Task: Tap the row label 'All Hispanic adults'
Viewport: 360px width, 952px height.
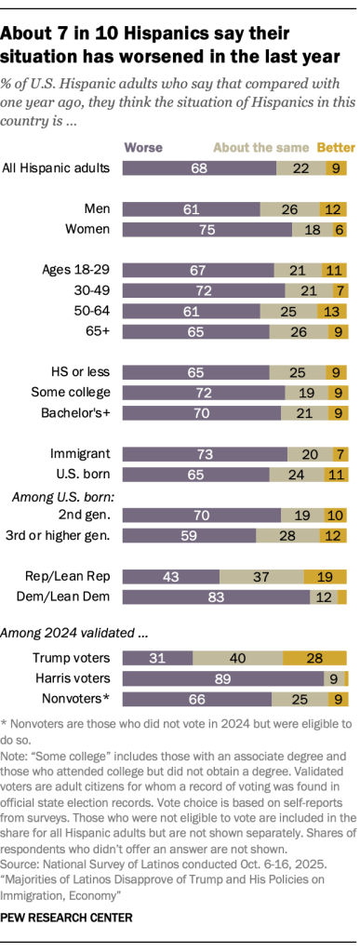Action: click(x=58, y=168)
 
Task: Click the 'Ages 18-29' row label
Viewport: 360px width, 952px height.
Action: click(x=77, y=269)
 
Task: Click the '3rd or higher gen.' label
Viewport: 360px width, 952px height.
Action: click(x=62, y=534)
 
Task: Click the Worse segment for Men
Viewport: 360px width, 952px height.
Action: click(x=192, y=208)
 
